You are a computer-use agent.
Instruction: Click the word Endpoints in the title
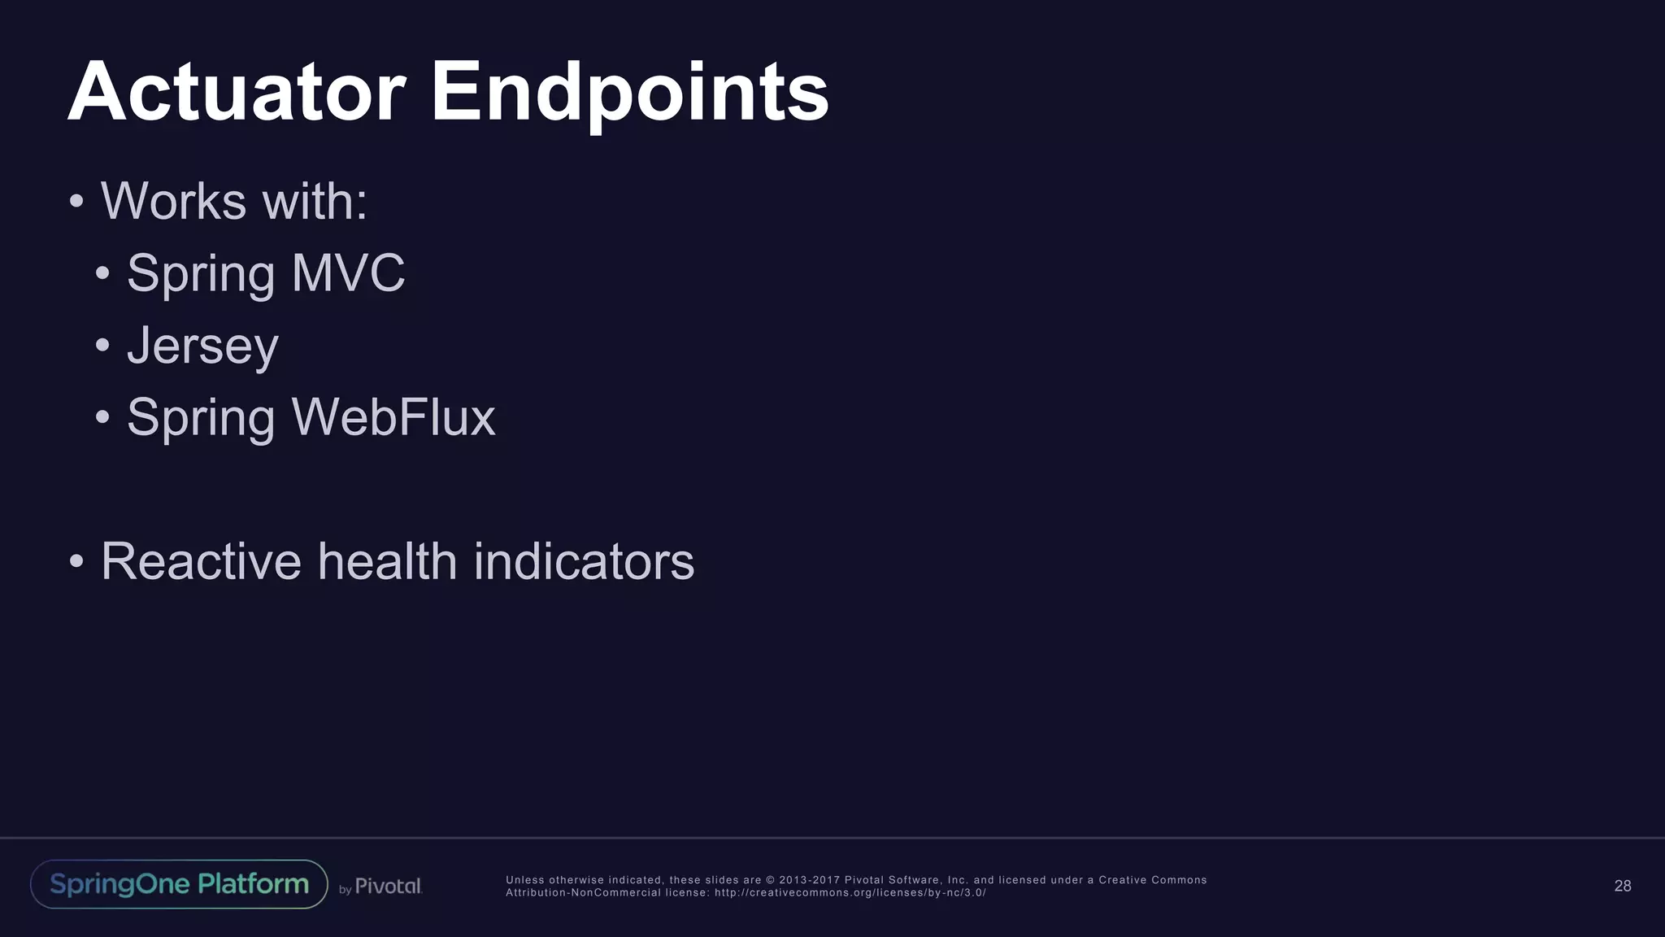click(629, 94)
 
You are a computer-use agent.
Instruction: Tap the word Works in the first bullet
click(173, 201)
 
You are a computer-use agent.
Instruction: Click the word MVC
click(348, 273)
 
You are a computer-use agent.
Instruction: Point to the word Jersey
click(202, 346)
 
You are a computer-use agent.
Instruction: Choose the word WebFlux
click(393, 418)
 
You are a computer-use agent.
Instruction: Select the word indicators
click(584, 561)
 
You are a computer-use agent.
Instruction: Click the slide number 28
click(1622, 886)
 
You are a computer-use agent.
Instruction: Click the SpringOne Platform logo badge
click(179, 884)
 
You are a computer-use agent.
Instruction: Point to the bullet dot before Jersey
click(102, 346)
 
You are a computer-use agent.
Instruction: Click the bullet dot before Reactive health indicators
click(76, 561)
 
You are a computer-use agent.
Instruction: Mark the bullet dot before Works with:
click(76, 201)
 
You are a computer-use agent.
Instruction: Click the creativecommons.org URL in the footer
click(850, 893)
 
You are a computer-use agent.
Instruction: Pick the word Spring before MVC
click(201, 275)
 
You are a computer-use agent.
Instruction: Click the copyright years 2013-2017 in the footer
click(809, 880)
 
